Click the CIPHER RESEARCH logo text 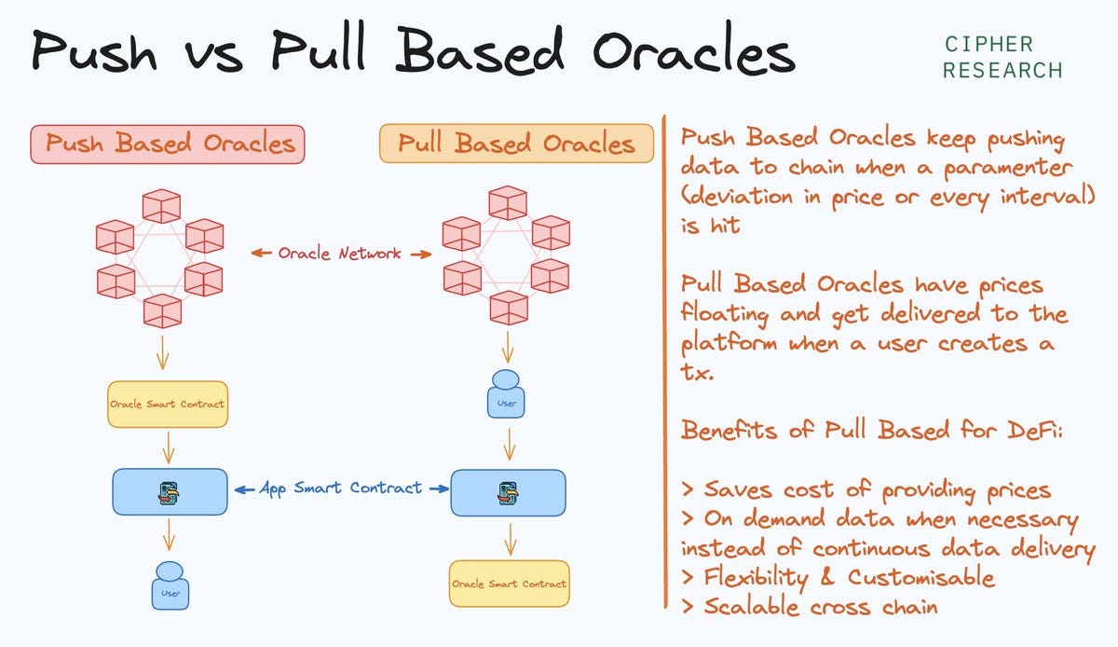click(1002, 57)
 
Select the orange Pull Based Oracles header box click(516, 144)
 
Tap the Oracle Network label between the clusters click(341, 253)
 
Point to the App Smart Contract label click(340, 488)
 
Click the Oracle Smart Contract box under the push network click(168, 405)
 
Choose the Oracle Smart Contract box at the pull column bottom click(509, 584)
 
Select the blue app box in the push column click(170, 492)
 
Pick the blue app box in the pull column click(508, 492)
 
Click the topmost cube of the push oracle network click(160, 206)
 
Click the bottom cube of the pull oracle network click(508, 307)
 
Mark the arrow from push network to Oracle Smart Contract click(163, 353)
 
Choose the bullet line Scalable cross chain click(811, 606)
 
